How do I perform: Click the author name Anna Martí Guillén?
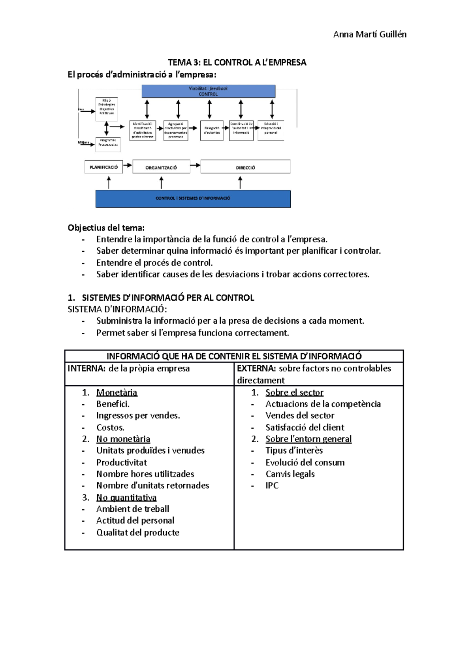click(x=369, y=34)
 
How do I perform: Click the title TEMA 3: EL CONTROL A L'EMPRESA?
click(x=237, y=62)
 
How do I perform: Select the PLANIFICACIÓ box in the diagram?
click(x=103, y=167)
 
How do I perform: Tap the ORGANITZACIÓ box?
click(x=161, y=167)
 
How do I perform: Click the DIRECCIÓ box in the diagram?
click(x=245, y=167)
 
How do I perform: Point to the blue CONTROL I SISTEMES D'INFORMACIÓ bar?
click(x=193, y=198)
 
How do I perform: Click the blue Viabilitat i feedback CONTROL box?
click(x=208, y=91)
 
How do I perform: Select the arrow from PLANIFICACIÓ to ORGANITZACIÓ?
click(x=127, y=166)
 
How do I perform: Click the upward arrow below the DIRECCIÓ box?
click(x=240, y=182)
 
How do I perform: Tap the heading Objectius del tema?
click(x=106, y=228)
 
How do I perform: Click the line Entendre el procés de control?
click(x=154, y=263)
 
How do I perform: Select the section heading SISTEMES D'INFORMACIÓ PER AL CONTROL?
click(x=168, y=298)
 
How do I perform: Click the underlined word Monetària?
click(x=117, y=392)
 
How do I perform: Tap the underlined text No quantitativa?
click(x=126, y=498)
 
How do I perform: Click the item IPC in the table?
click(x=272, y=486)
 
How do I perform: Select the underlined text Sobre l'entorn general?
click(x=308, y=439)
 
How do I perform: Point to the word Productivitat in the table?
click(x=121, y=462)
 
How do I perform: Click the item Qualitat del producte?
click(x=137, y=533)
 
